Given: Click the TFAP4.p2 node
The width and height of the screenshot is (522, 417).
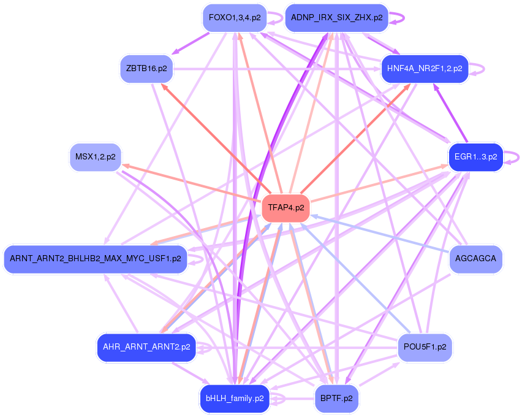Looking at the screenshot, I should pyautogui.click(x=286, y=208).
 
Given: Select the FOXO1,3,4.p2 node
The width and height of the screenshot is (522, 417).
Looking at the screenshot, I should pyautogui.click(x=235, y=18).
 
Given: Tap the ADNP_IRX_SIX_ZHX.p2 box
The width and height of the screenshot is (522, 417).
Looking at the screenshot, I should pyautogui.click(x=336, y=18).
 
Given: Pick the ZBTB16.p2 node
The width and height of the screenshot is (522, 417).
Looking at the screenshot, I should pyautogui.click(x=146, y=68).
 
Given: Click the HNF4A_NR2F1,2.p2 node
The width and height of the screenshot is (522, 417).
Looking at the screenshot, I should pyautogui.click(x=425, y=68).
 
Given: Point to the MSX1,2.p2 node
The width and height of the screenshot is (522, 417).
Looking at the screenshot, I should pyautogui.click(x=95, y=157).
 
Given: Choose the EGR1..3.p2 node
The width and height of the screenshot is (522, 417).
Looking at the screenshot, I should pyautogui.click(x=475, y=157).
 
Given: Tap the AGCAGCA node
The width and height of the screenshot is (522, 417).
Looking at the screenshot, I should pyautogui.click(x=475, y=259).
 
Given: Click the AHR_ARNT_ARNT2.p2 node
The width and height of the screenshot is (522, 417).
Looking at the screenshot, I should pyautogui.click(x=146, y=347).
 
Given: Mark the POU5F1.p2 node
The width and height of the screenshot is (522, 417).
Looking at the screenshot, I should pyautogui.click(x=425, y=347).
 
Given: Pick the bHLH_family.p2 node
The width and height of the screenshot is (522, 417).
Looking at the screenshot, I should pyautogui.click(x=235, y=398).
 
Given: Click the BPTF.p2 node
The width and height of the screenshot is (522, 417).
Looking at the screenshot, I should pyautogui.click(x=336, y=398).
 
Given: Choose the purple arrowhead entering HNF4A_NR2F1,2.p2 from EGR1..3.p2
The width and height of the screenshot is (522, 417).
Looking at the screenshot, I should pyautogui.click(x=437, y=86).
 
